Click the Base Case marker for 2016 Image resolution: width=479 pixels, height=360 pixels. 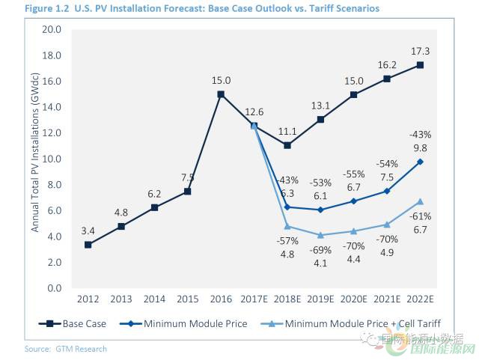click(221, 94)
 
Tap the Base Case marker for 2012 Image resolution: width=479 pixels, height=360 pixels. click(88, 245)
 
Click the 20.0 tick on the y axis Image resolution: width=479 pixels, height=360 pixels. click(51, 29)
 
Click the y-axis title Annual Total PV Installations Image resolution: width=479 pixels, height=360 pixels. click(34, 159)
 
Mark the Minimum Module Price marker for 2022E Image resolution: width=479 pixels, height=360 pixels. click(420, 162)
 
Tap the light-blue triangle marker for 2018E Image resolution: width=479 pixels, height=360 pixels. click(287, 226)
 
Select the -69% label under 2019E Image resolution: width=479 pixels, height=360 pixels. click(320, 250)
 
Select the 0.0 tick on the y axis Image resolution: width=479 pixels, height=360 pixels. click(53, 288)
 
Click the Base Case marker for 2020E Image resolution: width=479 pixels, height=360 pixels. click(353, 94)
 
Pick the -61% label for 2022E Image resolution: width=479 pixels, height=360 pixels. click(420, 216)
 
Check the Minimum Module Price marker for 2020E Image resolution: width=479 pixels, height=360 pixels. click(353, 201)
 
